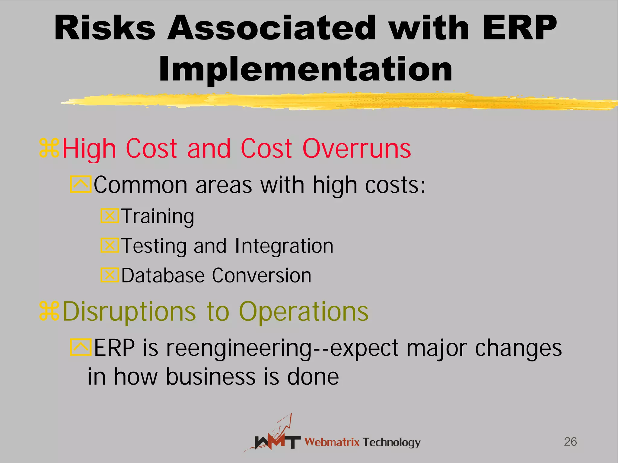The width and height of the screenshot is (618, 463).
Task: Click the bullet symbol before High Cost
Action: tap(49, 148)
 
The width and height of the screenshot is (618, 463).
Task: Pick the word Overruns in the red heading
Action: tap(356, 148)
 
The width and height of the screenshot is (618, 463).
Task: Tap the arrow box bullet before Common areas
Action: tap(81, 184)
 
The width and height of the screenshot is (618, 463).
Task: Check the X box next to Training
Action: tap(110, 216)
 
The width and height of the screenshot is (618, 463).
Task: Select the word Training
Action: tap(158, 216)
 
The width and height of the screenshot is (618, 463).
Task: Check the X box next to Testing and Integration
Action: tap(110, 245)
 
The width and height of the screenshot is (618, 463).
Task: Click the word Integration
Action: tap(284, 246)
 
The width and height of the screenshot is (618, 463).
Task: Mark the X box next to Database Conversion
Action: tap(110, 275)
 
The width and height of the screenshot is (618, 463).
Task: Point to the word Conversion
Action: tap(261, 276)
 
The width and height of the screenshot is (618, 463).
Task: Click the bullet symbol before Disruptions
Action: tap(49, 311)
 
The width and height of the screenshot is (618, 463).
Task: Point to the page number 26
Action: tap(570, 442)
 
